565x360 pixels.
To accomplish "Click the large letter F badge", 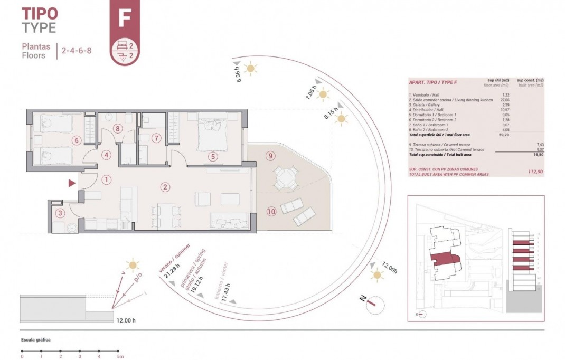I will coord(125,17).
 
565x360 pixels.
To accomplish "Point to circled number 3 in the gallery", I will coord(60,213).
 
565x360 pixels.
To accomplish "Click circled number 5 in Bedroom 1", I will coord(213,156).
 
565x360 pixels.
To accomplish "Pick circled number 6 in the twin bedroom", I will coord(77,140).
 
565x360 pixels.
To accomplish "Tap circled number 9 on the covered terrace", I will coord(270,156).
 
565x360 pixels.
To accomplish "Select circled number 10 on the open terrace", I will coord(271,212).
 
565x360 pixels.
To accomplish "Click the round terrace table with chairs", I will coord(286,177).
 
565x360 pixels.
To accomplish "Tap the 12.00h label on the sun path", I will coord(389,268).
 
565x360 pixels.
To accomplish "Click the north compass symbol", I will coord(372,302).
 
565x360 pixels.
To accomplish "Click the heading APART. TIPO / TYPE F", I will coord(433,82).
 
